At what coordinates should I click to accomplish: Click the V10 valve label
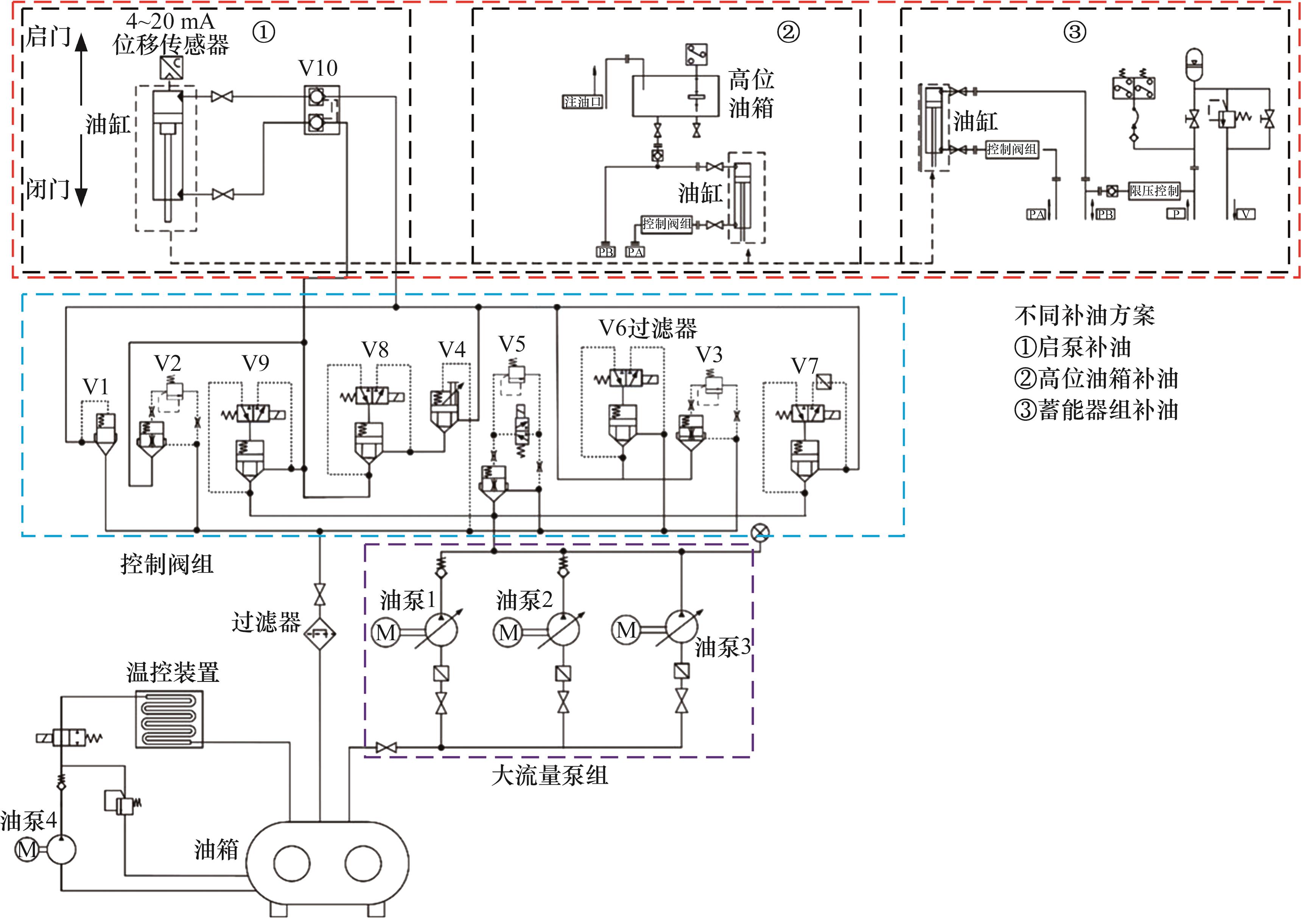click(x=318, y=68)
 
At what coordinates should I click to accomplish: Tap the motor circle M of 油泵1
click(x=386, y=632)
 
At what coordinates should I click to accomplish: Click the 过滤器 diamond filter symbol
click(x=320, y=633)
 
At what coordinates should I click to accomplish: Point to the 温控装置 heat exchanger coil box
click(x=169, y=719)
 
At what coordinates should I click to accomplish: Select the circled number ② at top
click(x=788, y=32)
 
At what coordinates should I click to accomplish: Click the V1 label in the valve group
click(x=95, y=386)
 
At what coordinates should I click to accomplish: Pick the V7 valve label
click(x=804, y=366)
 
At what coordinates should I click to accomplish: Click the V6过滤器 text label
click(x=648, y=328)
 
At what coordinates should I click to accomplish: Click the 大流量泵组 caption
click(x=549, y=775)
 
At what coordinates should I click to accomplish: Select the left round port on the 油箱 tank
click(x=292, y=864)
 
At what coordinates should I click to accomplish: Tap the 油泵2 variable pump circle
click(x=563, y=629)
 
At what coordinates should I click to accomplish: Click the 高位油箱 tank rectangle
click(x=678, y=96)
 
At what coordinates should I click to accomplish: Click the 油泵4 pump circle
click(x=61, y=849)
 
